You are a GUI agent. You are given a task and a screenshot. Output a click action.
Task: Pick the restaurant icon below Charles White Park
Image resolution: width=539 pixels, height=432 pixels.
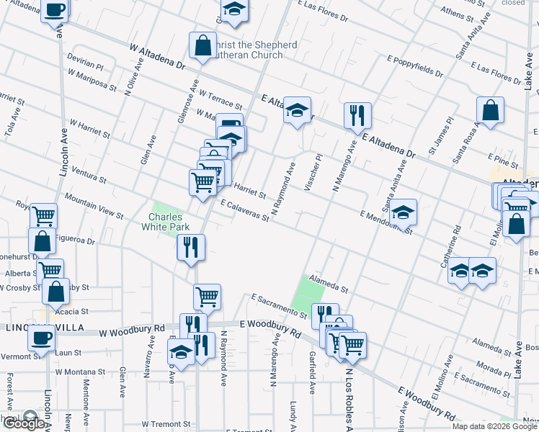coord(192,248)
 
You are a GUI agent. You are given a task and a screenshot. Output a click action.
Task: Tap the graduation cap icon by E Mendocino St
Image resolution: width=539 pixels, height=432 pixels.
coord(403,212)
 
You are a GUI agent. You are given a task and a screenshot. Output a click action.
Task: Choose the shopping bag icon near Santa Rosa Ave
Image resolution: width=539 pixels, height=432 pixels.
coord(490,111)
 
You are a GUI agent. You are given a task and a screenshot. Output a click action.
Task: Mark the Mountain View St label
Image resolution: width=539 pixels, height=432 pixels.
coord(94,205)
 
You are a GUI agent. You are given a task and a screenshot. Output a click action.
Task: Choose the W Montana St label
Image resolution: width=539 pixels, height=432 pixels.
coord(80,372)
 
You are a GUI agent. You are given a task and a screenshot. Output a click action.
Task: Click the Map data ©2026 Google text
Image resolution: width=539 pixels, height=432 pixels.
coord(494,426)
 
